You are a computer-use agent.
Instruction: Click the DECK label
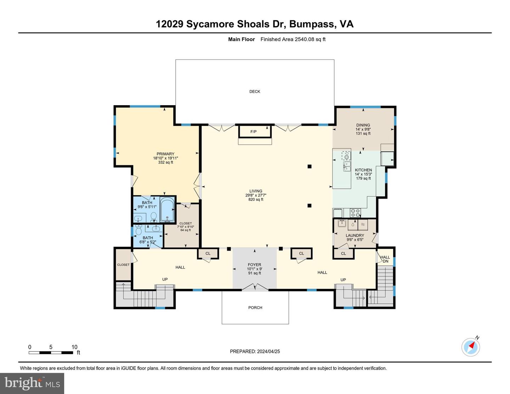tap(255, 91)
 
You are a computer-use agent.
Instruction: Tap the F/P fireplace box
tap(254, 132)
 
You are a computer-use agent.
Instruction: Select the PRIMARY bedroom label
tap(165, 154)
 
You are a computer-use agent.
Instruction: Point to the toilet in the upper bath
tap(154, 216)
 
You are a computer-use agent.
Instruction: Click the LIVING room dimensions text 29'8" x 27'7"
tap(255, 195)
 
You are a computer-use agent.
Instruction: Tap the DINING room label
tap(363, 125)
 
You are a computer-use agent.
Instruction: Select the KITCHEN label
tap(363, 170)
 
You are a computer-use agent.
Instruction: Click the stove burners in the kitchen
tap(355, 213)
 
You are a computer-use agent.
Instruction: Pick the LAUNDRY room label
tap(355, 235)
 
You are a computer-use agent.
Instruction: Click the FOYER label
tap(254, 265)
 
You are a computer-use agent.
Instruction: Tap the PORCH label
tap(255, 308)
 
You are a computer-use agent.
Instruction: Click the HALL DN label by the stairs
tap(385, 259)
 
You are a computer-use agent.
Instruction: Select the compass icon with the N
tap(471, 347)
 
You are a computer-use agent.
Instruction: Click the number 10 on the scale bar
tap(74, 347)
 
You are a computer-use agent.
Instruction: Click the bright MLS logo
tap(32, 383)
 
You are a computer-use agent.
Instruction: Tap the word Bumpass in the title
tap(312, 24)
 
